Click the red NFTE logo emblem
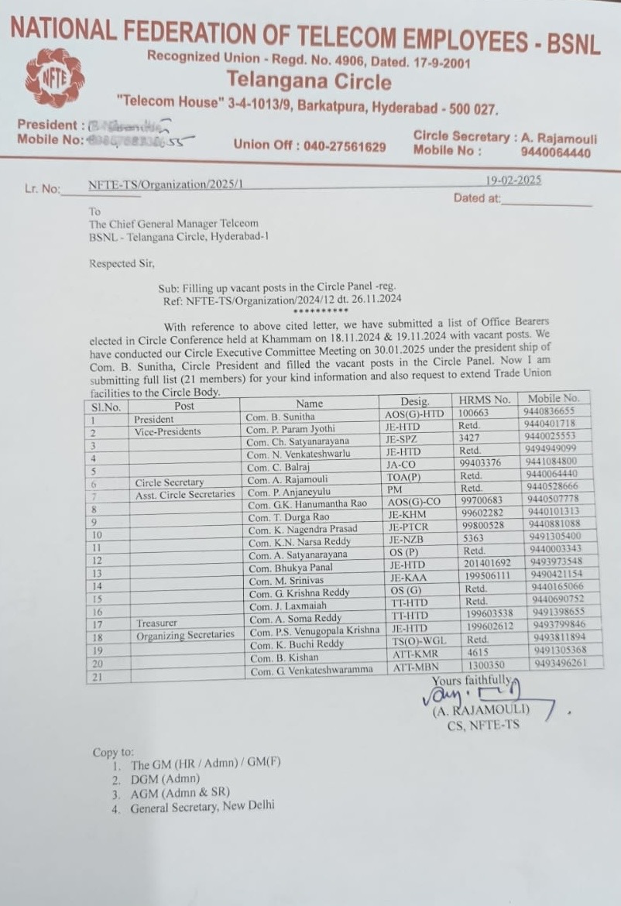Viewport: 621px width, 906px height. (54, 77)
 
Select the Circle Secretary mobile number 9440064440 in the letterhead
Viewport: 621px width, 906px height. (555, 153)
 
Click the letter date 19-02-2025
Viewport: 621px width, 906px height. (513, 180)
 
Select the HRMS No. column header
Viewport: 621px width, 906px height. (485, 400)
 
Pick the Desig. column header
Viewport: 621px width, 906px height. (414, 402)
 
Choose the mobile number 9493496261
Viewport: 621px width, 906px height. (559, 664)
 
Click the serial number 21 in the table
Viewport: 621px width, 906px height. (98, 678)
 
